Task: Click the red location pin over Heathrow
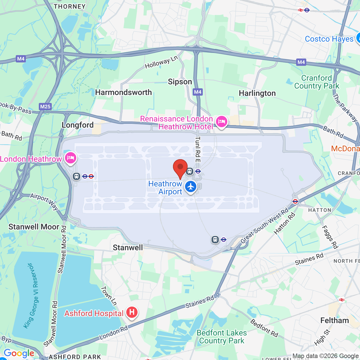click(180, 168)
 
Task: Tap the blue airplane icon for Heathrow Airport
click(191, 187)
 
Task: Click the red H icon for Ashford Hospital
click(132, 312)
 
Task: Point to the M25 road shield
click(45, 107)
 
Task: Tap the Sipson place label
click(180, 82)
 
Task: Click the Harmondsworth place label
click(123, 93)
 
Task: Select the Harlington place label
click(257, 93)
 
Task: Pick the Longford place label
click(78, 125)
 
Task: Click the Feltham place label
click(334, 321)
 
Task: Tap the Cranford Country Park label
click(317, 82)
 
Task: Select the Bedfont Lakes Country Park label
click(222, 337)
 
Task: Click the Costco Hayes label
click(329, 39)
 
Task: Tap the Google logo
click(19, 353)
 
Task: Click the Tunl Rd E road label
click(198, 149)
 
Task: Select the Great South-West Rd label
click(264, 226)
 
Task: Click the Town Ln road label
click(109, 296)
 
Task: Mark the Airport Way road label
click(44, 201)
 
